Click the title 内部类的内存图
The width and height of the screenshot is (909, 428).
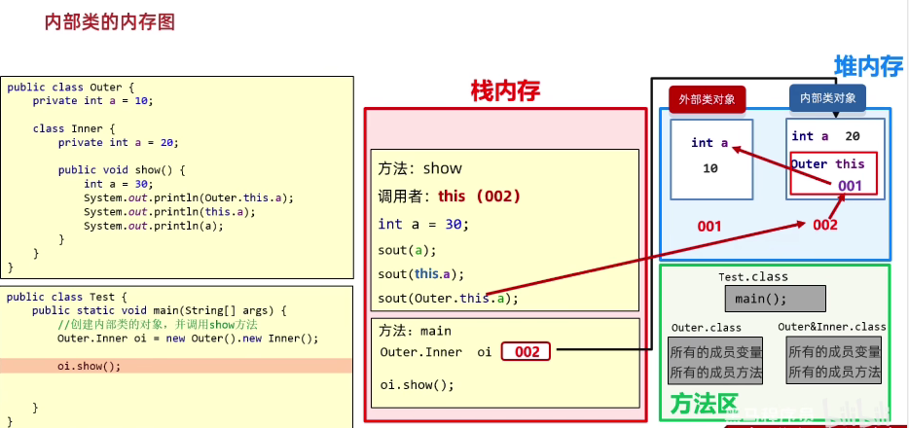(110, 21)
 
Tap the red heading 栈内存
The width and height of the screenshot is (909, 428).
(504, 91)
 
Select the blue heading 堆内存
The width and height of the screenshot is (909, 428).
(867, 66)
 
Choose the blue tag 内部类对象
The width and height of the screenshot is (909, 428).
(827, 98)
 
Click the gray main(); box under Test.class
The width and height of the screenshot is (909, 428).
(775, 299)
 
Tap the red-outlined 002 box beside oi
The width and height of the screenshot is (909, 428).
(526, 351)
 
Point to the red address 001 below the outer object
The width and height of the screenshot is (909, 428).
(709, 226)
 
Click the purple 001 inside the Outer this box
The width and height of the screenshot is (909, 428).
(850, 184)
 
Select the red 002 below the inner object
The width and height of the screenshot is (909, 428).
(824, 225)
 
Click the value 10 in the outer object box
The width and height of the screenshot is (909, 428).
(709, 167)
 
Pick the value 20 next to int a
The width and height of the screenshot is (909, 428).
(853, 137)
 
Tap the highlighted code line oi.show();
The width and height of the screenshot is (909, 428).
(90, 366)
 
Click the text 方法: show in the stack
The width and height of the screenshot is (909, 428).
(419, 168)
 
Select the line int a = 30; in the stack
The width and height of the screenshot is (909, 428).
(423, 224)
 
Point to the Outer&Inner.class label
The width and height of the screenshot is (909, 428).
(832, 327)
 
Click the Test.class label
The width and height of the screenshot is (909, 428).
(753, 277)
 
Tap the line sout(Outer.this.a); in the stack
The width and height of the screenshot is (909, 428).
(448, 299)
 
